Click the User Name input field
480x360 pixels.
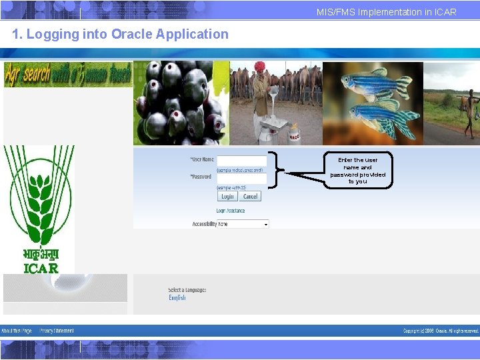coord(241,161)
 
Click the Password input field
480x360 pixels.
coord(241,179)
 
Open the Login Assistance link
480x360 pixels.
coord(231,211)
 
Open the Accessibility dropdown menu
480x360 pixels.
coord(243,224)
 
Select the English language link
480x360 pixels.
coord(177,298)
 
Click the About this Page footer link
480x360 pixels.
coord(17,331)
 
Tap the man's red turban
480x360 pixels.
coord(260,67)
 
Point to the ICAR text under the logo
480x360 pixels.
coord(41,268)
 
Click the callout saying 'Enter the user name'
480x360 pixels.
coord(358,170)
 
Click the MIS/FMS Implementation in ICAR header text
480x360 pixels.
coord(387,12)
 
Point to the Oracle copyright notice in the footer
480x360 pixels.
coord(441,331)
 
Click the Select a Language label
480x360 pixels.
coord(187,290)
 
